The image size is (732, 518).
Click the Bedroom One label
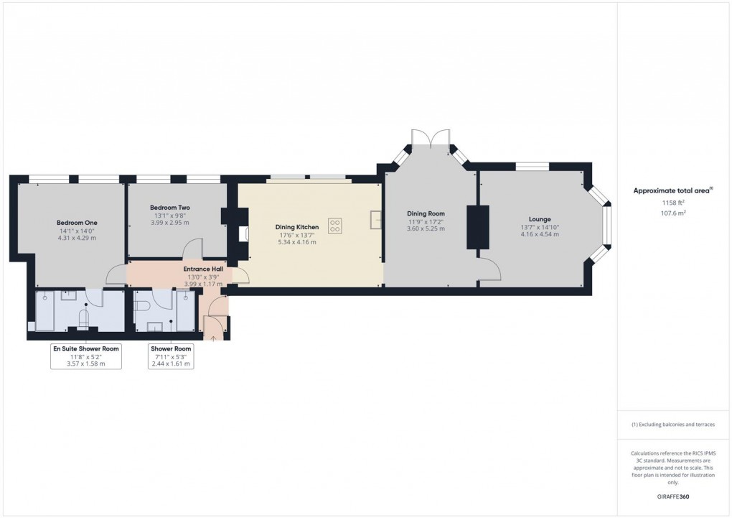coord(77,223)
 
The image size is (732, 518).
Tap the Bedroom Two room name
coord(169,207)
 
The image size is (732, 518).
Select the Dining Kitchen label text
coord(297,227)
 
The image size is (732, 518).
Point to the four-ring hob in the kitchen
coord(335,226)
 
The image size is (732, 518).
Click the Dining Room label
coord(426,213)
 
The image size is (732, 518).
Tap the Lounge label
coord(540,219)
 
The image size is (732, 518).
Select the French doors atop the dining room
coord(431,138)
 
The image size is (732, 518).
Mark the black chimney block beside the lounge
coord(477,227)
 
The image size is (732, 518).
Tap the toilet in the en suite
coord(83,318)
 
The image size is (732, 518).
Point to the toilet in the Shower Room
coord(142,306)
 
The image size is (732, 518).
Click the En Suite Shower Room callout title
coord(86,348)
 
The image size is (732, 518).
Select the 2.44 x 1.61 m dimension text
coord(170,364)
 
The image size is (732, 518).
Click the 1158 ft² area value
coord(672,203)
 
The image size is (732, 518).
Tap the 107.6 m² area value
coord(672,213)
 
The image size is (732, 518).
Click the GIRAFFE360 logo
coord(672,496)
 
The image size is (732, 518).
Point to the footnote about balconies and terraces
coord(672,425)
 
